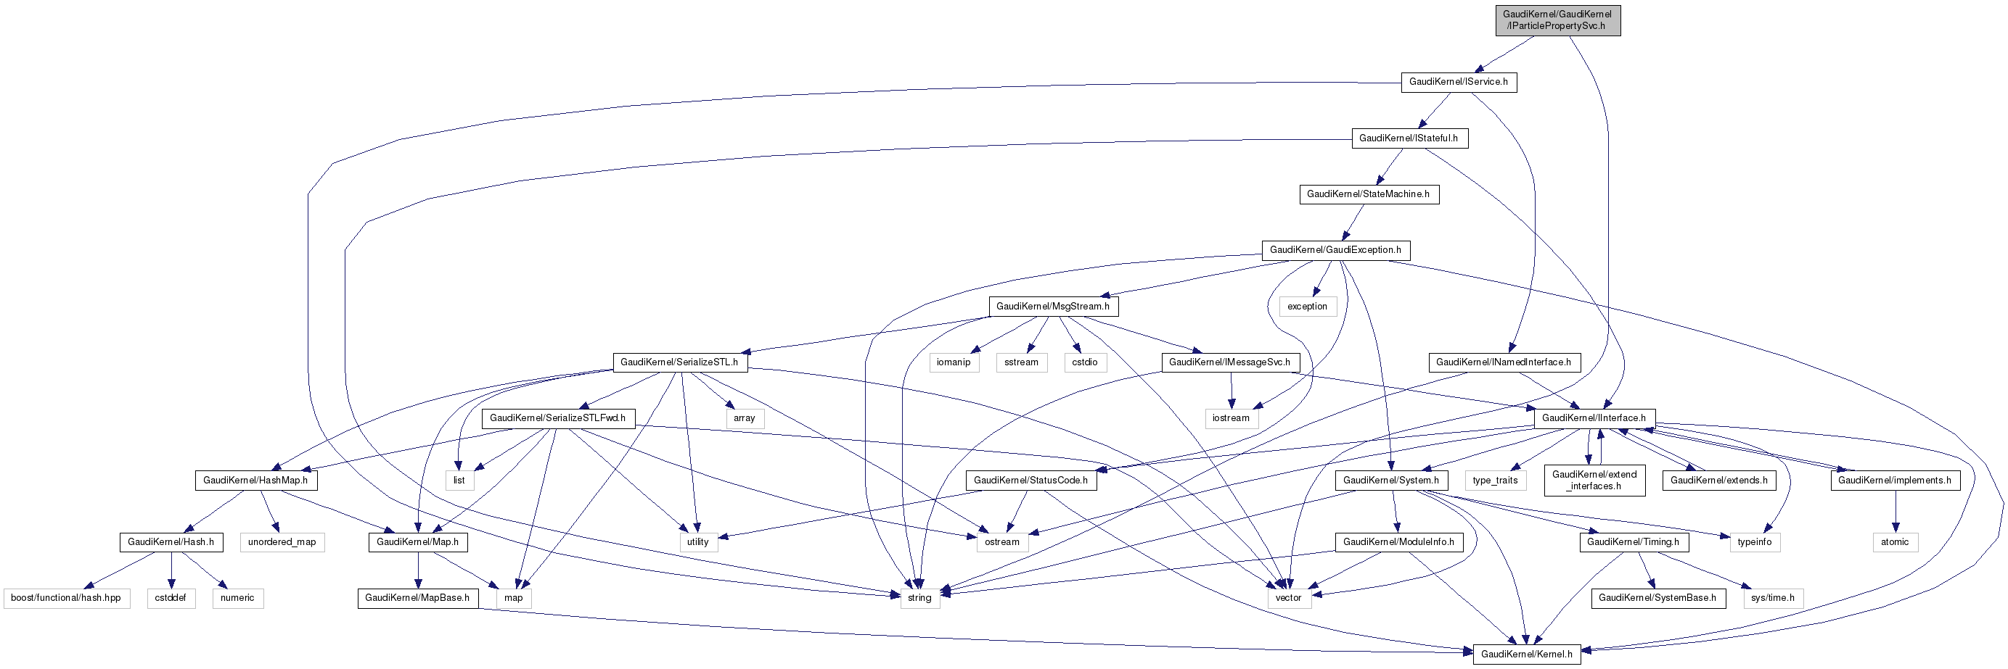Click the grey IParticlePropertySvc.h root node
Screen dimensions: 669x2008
tap(1557, 20)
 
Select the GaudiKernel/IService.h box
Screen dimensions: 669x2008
tap(1458, 82)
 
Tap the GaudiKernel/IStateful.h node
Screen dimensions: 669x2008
tap(1409, 138)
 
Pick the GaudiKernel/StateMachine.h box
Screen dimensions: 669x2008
tap(1368, 194)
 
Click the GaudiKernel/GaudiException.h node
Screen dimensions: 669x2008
tap(1335, 250)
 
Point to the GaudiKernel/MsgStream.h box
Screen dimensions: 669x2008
tap(1052, 307)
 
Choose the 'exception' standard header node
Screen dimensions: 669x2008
tap(1306, 307)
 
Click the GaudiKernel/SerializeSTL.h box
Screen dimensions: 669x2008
tap(679, 362)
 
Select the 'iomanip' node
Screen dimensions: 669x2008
tap(954, 362)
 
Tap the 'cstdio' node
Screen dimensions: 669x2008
tap(1084, 362)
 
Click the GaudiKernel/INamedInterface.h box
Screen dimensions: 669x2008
tap(1503, 362)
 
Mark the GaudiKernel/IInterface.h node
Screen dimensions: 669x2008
tap(1594, 418)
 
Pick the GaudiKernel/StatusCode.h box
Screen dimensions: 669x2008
tap(1030, 481)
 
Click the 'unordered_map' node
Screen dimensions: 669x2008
tap(282, 542)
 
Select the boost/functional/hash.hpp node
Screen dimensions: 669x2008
tap(65, 598)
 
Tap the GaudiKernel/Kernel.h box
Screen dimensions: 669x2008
tap(1525, 655)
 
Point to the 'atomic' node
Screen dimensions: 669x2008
tap(1894, 542)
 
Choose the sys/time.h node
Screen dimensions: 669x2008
tap(1772, 598)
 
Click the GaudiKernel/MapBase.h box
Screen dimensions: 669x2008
tap(417, 598)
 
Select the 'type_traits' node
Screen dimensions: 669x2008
tap(1494, 481)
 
